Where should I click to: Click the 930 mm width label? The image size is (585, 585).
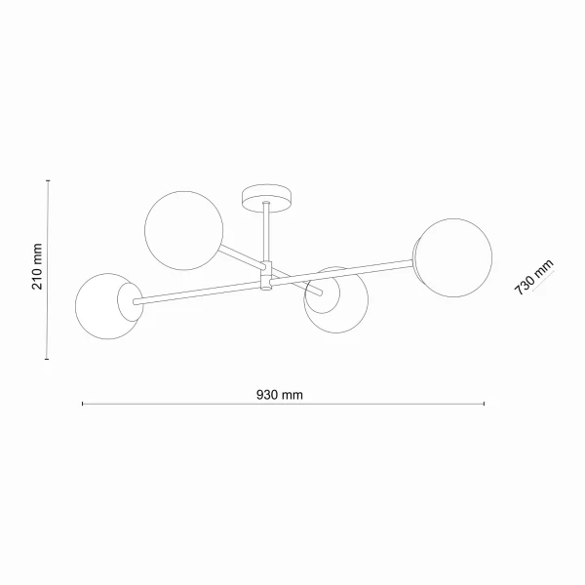tap(280, 395)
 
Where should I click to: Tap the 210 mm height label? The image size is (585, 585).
tap(37, 266)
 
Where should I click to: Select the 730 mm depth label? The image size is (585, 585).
tap(533, 277)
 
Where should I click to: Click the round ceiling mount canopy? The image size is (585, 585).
tap(266, 197)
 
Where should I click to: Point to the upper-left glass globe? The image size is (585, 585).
tap(184, 230)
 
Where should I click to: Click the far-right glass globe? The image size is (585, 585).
tap(453, 257)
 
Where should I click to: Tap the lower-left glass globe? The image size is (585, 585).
tap(108, 306)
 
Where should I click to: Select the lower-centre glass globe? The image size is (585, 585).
tap(336, 300)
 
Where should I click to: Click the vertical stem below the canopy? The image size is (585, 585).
tap(266, 232)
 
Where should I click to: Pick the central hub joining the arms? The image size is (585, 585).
tap(266, 277)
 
